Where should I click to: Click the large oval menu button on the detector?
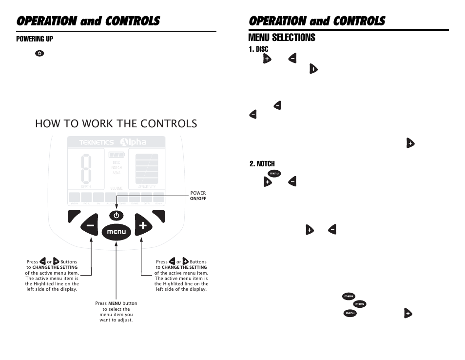116,232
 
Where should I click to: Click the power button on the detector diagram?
116,215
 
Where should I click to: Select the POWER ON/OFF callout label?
198,196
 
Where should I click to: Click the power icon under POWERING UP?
39,53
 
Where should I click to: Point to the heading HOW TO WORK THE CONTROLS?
116,123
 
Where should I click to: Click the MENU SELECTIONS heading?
282,38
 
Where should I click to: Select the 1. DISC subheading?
258,49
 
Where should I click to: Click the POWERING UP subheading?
35,39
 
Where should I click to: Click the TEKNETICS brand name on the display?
97,143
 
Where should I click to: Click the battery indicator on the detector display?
116,155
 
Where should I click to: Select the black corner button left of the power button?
74,215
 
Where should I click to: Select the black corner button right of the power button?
159,215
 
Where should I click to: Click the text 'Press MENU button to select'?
116,306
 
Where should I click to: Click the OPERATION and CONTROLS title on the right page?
316,21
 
